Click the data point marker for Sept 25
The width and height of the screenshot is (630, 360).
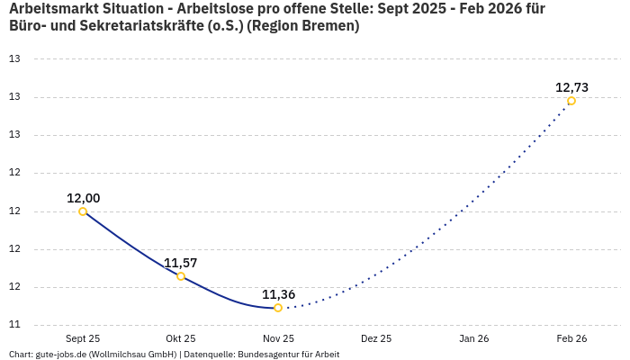83,211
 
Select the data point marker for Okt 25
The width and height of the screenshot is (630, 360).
181,276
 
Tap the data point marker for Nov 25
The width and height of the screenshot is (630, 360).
278,308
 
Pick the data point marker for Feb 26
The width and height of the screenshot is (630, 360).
571,101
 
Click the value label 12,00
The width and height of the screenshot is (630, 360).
83,198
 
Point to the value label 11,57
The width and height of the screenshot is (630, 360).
181,263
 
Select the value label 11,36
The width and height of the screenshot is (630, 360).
278,294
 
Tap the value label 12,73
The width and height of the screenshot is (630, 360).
571,87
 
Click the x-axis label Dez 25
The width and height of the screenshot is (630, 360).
376,339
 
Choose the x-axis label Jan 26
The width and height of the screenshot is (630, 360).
473,339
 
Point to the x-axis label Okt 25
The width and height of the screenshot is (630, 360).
181,339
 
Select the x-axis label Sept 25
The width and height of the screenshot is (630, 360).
83,339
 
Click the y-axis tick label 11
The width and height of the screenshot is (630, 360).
14,325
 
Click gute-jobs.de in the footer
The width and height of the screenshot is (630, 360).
60,355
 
